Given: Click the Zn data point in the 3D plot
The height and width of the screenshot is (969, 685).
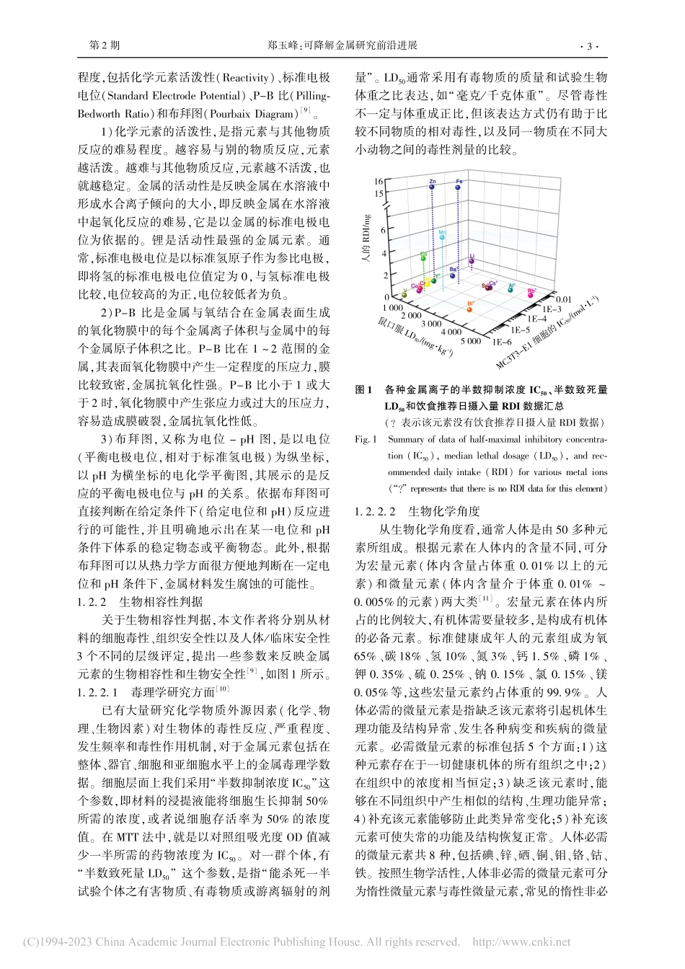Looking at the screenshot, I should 432,185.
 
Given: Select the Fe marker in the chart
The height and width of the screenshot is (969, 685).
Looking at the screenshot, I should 459,185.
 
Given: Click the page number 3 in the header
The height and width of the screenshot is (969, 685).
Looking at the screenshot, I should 589,46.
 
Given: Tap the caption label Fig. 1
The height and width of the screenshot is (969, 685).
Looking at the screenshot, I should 366,439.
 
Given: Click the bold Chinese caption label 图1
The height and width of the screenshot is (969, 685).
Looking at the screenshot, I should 365,389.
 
